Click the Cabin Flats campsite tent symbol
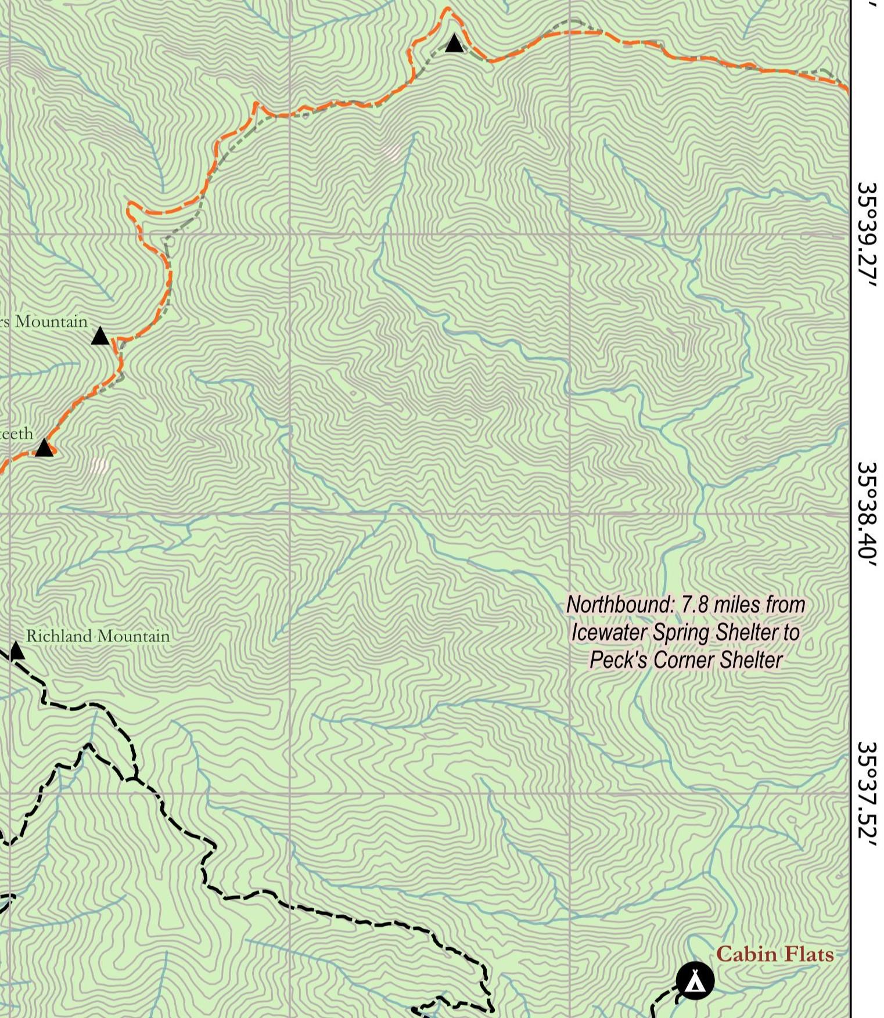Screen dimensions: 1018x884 (695, 980)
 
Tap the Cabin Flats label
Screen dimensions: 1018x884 (774, 954)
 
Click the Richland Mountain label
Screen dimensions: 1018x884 (98, 636)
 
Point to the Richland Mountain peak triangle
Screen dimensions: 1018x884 (16, 651)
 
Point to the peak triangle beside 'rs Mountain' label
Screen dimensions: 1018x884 (100, 336)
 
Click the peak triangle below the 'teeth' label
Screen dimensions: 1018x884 (44, 448)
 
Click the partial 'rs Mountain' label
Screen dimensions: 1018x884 (44, 322)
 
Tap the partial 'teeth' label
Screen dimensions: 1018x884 (16, 434)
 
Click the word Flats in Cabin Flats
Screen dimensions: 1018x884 (808, 954)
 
